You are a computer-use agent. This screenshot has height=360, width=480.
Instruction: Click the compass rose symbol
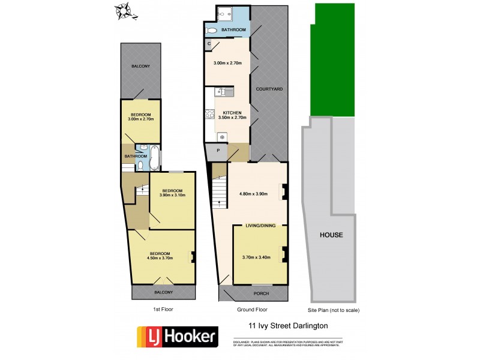click(x=124, y=10)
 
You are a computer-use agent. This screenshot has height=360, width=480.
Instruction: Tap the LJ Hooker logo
click(x=177, y=336)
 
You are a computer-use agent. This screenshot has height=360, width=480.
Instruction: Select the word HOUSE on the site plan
click(x=331, y=235)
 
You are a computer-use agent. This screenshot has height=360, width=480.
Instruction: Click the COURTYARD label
click(x=269, y=89)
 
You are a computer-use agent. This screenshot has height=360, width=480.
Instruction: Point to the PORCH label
click(x=261, y=293)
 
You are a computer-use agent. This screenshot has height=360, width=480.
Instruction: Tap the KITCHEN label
click(x=232, y=113)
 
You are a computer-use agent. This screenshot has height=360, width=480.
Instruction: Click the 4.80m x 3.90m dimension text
click(x=253, y=194)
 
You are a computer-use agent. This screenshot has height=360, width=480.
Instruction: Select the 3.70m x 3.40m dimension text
click(x=256, y=257)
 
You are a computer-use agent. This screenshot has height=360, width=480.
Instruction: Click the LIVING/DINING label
click(x=261, y=226)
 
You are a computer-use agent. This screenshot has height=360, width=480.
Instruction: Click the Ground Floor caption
click(x=252, y=310)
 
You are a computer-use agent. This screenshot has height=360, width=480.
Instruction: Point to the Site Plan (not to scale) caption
click(x=333, y=310)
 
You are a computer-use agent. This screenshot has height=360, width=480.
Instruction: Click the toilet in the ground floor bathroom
click(x=211, y=29)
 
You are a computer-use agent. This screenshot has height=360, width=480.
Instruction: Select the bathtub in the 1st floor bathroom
click(x=154, y=157)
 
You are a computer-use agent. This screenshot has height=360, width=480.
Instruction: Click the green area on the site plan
click(x=331, y=60)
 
